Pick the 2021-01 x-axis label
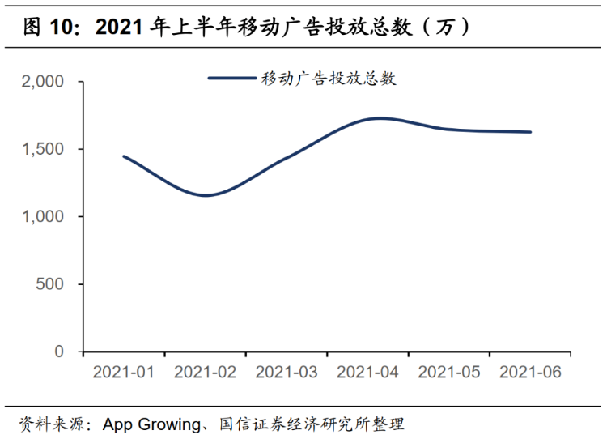(x=124, y=373)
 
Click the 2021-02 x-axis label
(x=205, y=373)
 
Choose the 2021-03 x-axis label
(x=287, y=373)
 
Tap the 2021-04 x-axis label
(x=367, y=373)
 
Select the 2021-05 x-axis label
(x=449, y=373)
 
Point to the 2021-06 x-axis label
(x=530, y=373)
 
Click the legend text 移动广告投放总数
(x=328, y=79)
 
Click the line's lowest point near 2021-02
(x=207, y=195)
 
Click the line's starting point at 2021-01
(x=124, y=156)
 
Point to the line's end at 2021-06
(x=530, y=132)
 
